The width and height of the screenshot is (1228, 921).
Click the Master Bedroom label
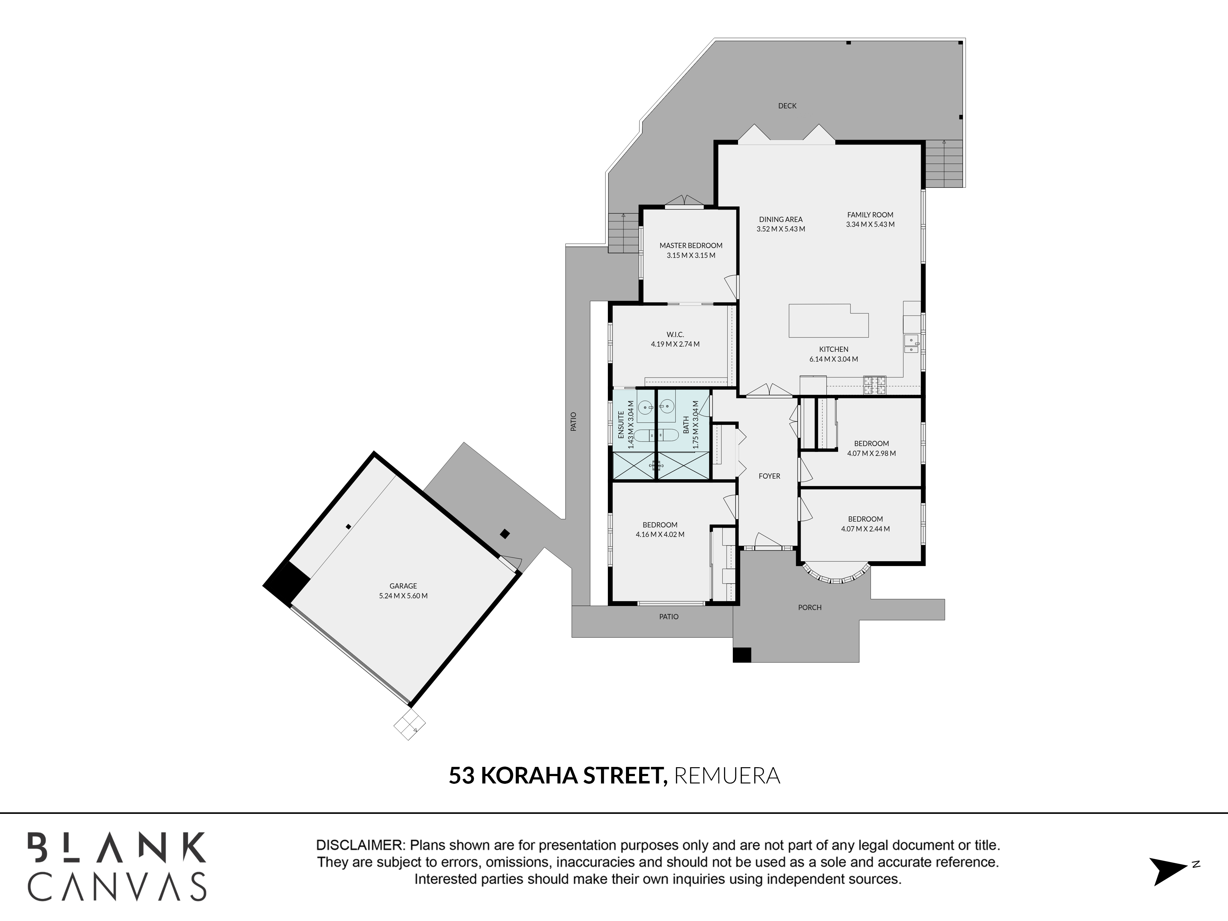point(691,245)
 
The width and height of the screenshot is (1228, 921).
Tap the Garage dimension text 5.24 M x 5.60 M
point(403,596)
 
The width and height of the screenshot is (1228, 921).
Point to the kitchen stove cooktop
point(874,385)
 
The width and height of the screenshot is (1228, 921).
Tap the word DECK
point(787,106)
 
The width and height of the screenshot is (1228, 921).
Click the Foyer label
point(769,476)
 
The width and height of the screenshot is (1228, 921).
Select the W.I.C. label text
point(675,334)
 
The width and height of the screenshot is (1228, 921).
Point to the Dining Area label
point(780,219)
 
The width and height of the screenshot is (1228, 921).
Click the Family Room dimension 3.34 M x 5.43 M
point(870,224)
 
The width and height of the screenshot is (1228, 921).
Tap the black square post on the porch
point(742,655)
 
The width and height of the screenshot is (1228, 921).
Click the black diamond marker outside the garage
point(505,534)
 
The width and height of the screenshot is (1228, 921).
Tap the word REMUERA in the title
point(727,775)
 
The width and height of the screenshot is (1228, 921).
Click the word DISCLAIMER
point(360,845)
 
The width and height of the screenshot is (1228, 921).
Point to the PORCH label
point(810,607)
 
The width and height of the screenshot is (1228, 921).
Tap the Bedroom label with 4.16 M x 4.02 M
point(660,525)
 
